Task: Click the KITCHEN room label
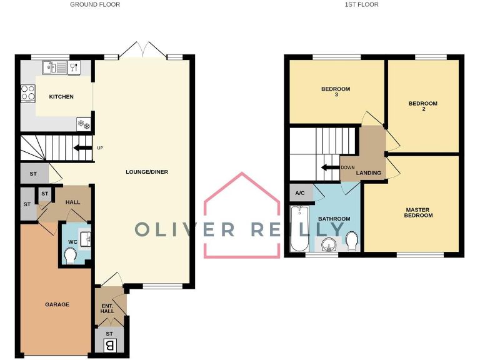[61, 97]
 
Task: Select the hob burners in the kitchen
[28, 93]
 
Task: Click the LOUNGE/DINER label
[146, 172]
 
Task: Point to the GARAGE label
[57, 304]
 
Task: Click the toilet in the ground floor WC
[70, 254]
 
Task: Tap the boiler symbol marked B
[109, 344]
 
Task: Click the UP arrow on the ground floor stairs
[81, 148]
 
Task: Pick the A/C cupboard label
[301, 193]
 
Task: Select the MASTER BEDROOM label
[419, 212]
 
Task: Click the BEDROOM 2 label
[423, 106]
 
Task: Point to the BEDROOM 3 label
[336, 92]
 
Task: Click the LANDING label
[369, 173]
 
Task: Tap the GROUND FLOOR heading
[95, 4]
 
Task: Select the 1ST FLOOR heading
[361, 4]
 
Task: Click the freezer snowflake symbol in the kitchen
[83, 124]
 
